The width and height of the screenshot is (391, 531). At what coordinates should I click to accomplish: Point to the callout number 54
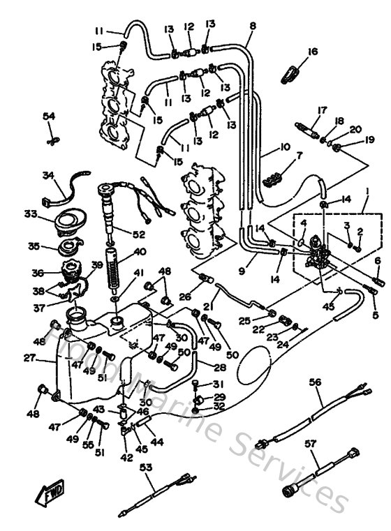click(49, 116)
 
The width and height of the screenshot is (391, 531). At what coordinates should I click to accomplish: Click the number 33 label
click(30, 214)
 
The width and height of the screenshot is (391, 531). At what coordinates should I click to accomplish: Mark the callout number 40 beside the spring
click(140, 252)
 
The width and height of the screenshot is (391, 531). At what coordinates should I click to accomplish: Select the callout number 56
click(316, 382)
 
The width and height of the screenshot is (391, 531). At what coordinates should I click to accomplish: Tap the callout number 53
click(146, 468)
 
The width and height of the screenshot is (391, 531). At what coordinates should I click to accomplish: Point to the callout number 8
click(252, 26)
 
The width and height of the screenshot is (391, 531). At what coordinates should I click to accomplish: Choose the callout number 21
click(207, 306)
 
